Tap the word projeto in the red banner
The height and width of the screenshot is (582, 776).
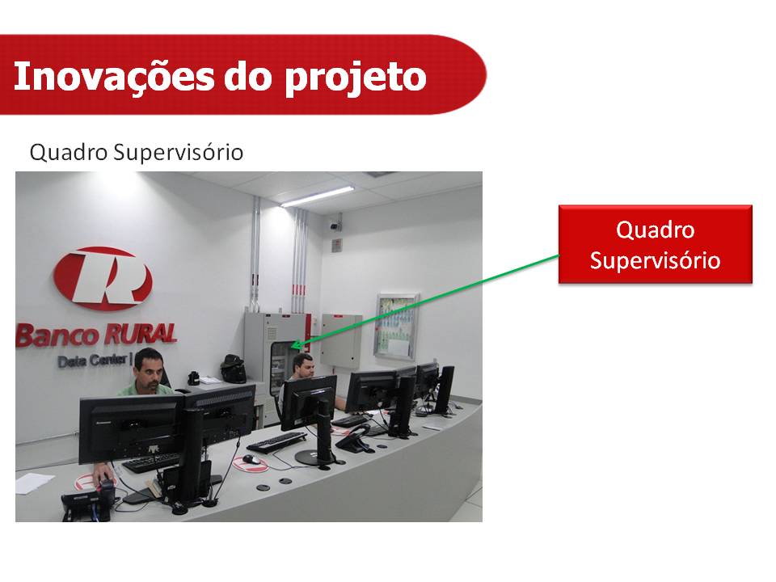click(355, 79)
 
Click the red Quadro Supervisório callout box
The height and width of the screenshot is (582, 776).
click(656, 244)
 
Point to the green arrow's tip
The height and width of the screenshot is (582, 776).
click(291, 347)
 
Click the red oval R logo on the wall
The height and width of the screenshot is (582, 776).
click(103, 278)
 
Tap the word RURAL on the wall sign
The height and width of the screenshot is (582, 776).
click(140, 334)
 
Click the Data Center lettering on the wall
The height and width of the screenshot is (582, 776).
click(92, 361)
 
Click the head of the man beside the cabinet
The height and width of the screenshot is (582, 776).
click(303, 365)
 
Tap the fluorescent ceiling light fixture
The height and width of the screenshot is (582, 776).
click(317, 196)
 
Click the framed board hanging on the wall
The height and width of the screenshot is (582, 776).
click(396, 326)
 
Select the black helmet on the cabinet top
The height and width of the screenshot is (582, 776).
click(233, 368)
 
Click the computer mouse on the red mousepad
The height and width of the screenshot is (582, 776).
click(251, 459)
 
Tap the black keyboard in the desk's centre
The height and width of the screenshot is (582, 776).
click(276, 442)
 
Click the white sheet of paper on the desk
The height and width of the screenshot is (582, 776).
click(35, 483)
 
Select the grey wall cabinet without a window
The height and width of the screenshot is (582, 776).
click(341, 341)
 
